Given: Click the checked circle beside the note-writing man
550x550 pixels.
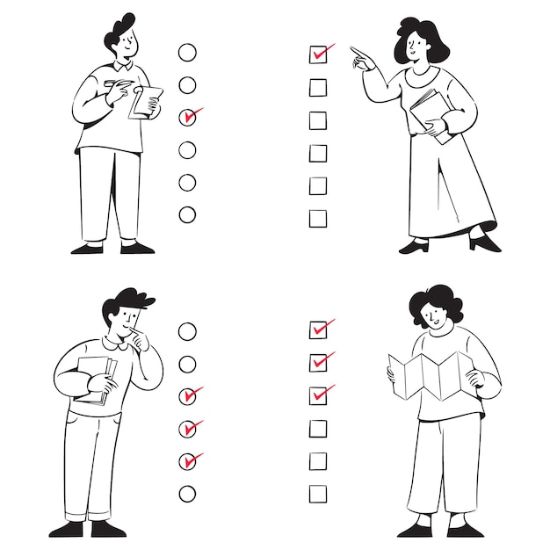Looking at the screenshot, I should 187,117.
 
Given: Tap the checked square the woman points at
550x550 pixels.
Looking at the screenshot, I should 318,54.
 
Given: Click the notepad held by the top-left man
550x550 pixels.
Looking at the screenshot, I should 147,101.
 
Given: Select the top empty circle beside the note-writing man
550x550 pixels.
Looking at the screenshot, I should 187,52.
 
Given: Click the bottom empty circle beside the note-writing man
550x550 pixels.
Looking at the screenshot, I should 187,214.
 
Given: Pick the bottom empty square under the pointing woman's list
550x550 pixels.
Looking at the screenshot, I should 318,218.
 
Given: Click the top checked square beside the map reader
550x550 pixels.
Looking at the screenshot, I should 318,329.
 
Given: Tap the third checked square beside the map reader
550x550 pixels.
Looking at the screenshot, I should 318,394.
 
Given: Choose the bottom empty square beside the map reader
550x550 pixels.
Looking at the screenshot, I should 318,494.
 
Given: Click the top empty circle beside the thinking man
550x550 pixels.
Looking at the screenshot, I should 187,331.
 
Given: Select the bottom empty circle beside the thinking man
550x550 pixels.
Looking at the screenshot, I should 187,494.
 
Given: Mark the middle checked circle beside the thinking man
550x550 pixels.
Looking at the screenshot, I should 187,429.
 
